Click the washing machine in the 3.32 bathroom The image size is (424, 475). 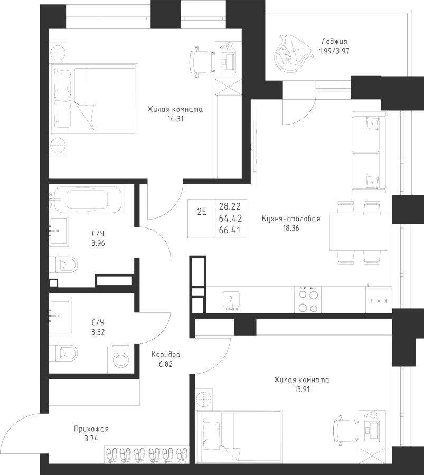tap(120, 360)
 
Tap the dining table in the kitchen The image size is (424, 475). tap(359, 232)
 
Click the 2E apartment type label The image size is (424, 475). tap(202, 212)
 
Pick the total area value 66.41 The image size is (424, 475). tap(230, 230)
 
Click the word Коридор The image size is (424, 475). tap(165, 355)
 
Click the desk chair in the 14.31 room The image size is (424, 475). tap(201, 62)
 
